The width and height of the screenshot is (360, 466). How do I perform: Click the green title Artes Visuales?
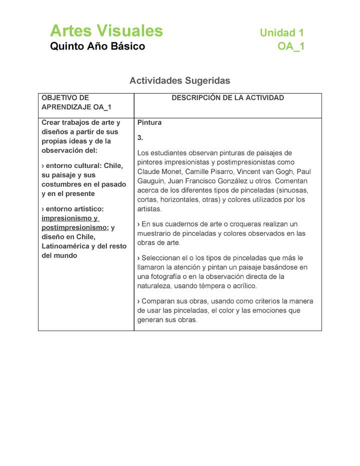click(x=106, y=31)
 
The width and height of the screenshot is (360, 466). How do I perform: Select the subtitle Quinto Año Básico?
click(x=97, y=46)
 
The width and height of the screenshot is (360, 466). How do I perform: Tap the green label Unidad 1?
click(x=281, y=33)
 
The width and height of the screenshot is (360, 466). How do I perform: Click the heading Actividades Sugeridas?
click(x=179, y=80)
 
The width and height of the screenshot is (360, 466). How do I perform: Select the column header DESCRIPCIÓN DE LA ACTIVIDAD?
click(x=227, y=98)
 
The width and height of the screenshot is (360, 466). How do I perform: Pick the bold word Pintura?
click(x=149, y=122)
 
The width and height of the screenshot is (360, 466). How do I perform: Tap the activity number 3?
click(x=140, y=137)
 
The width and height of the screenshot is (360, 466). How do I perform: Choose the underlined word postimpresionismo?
click(x=74, y=227)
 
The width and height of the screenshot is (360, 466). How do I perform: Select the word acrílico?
click(x=241, y=286)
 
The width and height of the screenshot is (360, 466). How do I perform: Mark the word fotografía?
click(x=162, y=276)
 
